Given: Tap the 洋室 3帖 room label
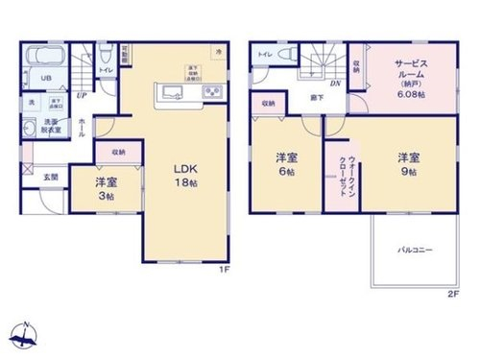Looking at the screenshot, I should coord(106,188).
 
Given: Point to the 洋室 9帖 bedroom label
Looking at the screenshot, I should coord(410,163).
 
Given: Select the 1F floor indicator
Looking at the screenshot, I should coord(226,270).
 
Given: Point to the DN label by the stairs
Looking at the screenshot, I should coord(334,84).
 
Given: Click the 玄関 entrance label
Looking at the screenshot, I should coord(50,177).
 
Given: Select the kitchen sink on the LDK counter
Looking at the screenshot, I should coord(173,93).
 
